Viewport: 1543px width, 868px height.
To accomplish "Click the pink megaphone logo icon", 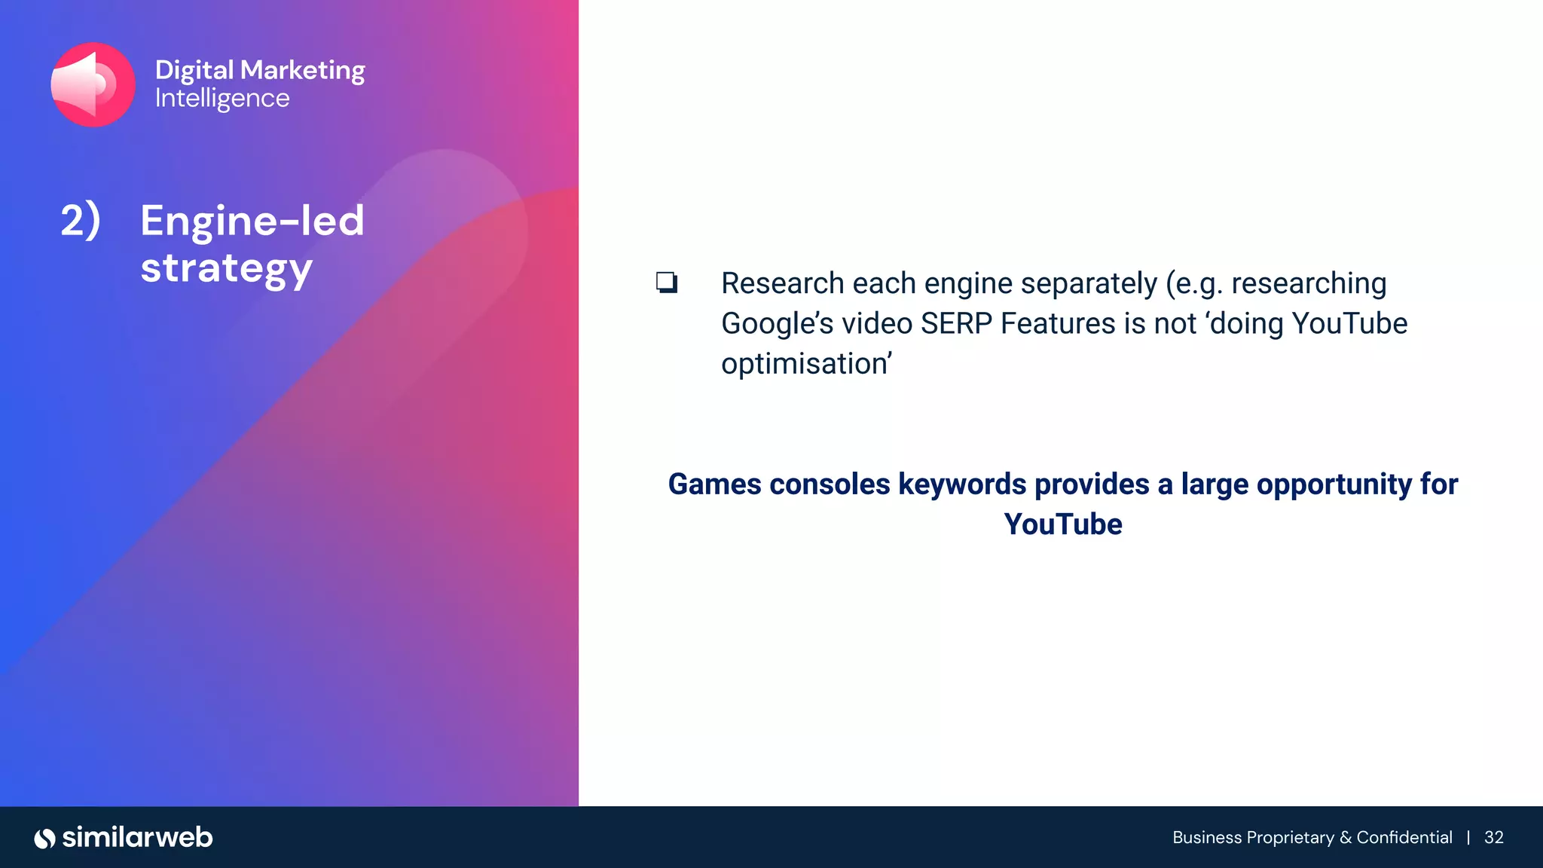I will pyautogui.click(x=93, y=84).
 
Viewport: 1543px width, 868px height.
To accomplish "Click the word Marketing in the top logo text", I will pyautogui.click(x=302, y=70).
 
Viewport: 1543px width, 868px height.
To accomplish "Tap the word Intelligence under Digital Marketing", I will pyautogui.click(x=222, y=98).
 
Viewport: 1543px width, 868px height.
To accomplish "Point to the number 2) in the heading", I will pyautogui.click(x=80, y=221).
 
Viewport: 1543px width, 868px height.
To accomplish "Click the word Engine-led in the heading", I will pyautogui.click(x=252, y=221).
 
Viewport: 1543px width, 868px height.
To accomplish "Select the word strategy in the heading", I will pyautogui.click(x=226, y=268).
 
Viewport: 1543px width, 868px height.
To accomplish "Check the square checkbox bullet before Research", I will pyautogui.click(x=667, y=283).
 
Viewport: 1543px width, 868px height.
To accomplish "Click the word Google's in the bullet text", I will pyautogui.click(x=777, y=324).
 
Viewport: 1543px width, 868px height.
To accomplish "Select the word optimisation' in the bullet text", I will pyautogui.click(x=806, y=364).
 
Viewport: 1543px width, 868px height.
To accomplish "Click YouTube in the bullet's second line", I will pyautogui.click(x=1349, y=324).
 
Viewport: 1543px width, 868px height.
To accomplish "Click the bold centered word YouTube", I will pyautogui.click(x=1062, y=524).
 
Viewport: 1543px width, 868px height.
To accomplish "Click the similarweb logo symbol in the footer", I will pyautogui.click(x=44, y=838).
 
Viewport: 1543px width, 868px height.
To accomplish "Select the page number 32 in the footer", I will pyautogui.click(x=1493, y=838).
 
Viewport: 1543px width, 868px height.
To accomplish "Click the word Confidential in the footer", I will pyautogui.click(x=1404, y=838).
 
